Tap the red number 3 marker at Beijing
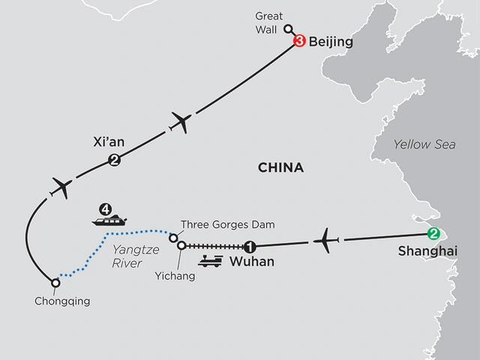click(x=300, y=43)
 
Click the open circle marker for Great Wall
click(x=287, y=29)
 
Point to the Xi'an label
click(x=105, y=141)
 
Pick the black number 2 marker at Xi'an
click(x=114, y=159)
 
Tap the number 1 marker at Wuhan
click(x=250, y=246)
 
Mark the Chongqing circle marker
click(x=55, y=283)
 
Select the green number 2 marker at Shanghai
click(x=431, y=232)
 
